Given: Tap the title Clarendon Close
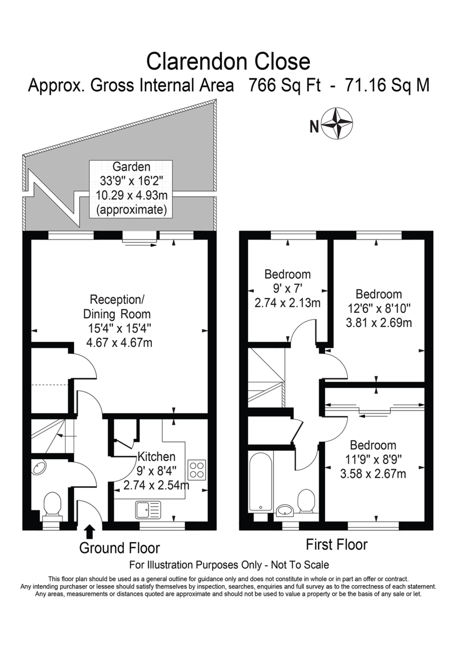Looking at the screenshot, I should coord(229,61).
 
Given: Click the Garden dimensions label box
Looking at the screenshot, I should coord(131,188).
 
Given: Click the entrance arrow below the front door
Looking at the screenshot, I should coord(89,531).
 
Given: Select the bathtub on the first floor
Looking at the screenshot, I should coord(261,481).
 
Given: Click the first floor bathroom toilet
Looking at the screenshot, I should coord(306,501).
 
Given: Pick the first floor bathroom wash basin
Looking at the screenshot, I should coord(285,510).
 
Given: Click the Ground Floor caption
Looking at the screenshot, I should coord(119,548).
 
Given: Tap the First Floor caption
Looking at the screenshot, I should coord(337,544).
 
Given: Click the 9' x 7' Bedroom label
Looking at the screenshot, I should coord(287,287).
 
